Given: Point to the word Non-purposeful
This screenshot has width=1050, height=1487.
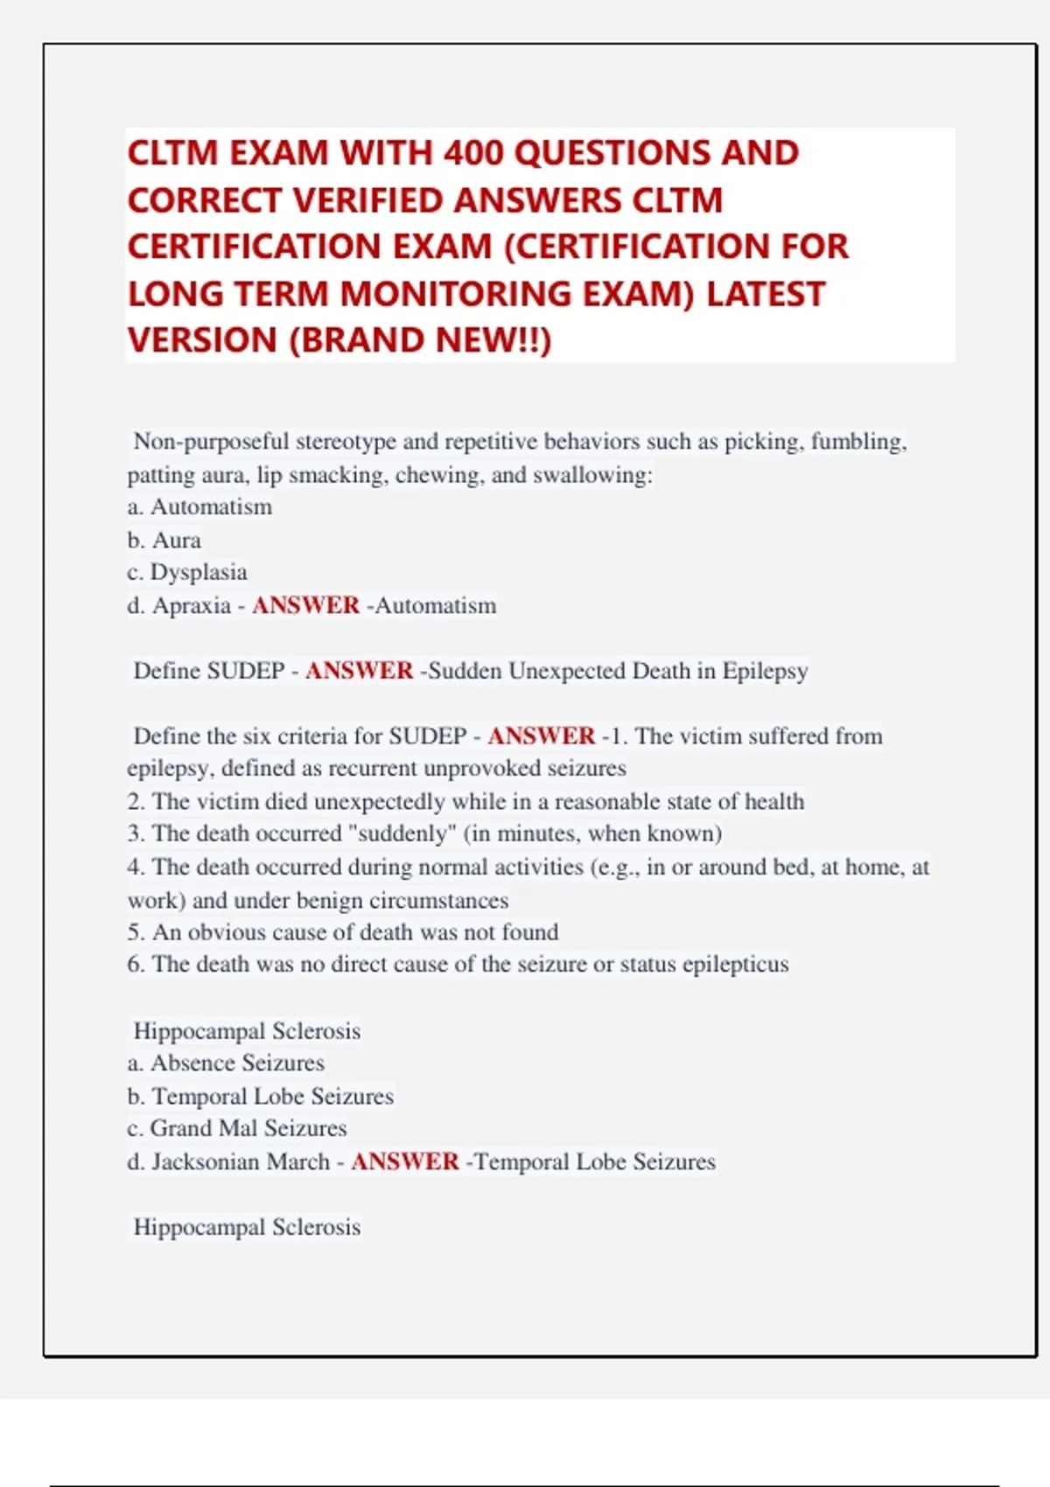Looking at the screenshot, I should [x=211, y=442].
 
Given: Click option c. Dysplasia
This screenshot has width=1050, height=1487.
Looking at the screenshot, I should [x=187, y=572].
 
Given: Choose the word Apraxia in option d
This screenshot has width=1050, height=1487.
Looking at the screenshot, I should [x=192, y=605].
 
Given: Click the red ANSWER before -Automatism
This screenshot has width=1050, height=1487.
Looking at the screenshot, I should [x=305, y=605].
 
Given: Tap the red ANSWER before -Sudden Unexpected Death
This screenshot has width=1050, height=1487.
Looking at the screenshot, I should [x=359, y=671].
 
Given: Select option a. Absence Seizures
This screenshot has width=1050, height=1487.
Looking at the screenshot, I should [x=226, y=1063].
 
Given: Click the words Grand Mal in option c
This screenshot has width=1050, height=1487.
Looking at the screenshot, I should [x=204, y=1128].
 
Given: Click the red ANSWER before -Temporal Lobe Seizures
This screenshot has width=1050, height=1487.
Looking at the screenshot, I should [x=404, y=1162].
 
